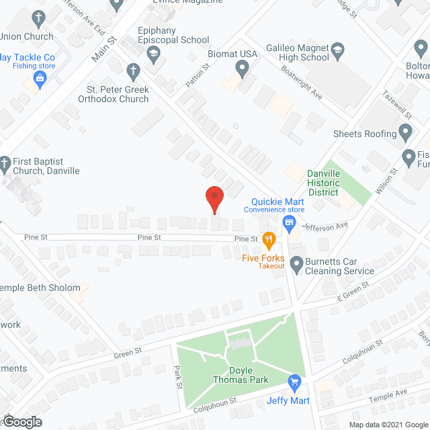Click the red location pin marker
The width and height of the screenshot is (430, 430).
click(x=214, y=199)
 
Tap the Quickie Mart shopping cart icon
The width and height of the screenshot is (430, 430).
click(x=291, y=223)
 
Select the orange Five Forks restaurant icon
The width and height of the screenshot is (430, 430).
click(x=269, y=239)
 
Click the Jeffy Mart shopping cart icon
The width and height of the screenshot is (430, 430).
click(x=294, y=383)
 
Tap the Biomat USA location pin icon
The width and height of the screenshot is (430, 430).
click(x=243, y=67)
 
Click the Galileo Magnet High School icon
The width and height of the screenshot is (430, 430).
click(x=338, y=49)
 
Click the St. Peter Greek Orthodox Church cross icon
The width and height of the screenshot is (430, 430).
click(x=133, y=71)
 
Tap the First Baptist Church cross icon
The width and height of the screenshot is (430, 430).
click(x=5, y=163)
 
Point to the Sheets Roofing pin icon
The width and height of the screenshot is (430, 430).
click(x=405, y=132)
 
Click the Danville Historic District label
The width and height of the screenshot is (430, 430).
click(x=324, y=183)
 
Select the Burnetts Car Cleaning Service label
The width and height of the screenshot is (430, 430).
click(x=339, y=265)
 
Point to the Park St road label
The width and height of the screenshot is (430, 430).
click(x=179, y=376)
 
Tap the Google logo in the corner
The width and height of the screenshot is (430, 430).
click(x=21, y=422)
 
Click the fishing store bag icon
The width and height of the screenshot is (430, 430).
click(x=40, y=79)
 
